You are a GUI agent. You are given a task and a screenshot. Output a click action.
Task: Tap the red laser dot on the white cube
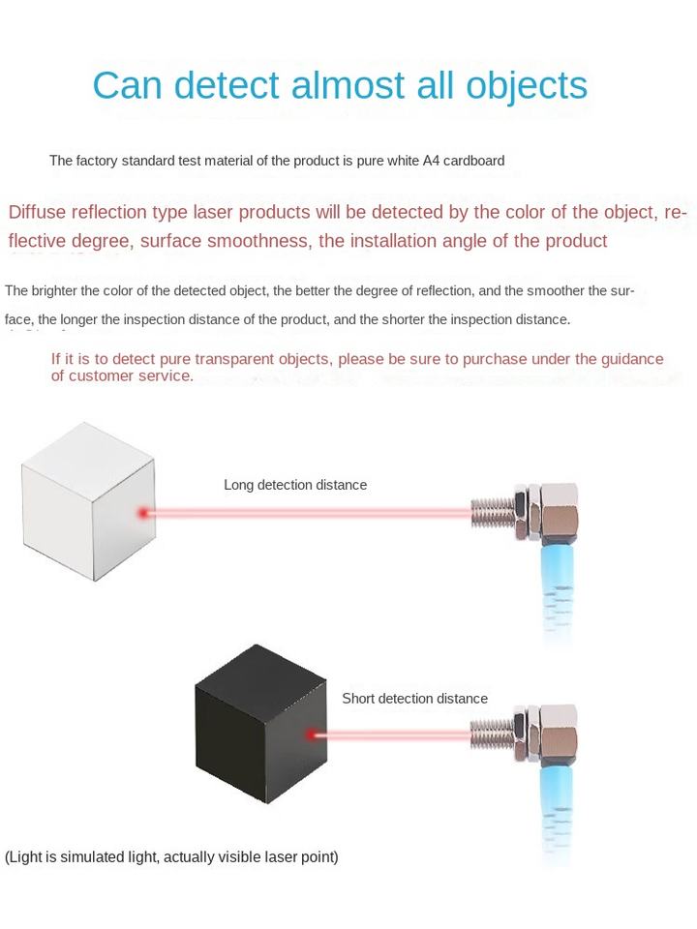point(143,512)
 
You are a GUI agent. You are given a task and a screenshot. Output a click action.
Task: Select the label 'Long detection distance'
point(295,485)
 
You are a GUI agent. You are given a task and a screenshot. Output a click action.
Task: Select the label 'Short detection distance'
point(414,699)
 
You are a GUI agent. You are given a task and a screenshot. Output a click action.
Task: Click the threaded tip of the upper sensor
point(490,510)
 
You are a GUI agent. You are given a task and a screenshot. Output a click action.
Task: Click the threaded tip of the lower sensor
point(490,734)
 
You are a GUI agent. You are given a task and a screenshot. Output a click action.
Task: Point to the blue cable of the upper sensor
point(558,590)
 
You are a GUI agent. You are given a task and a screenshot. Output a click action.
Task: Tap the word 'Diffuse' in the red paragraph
point(38,213)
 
